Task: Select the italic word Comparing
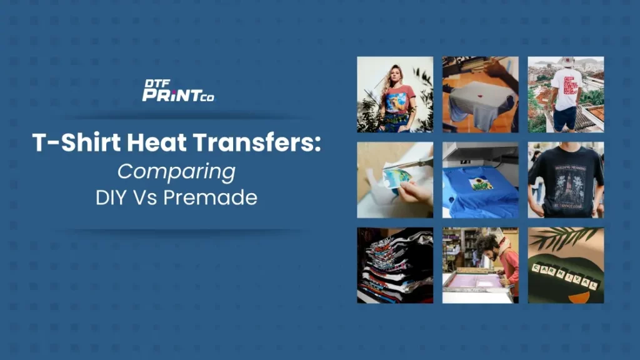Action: pyautogui.click(x=177, y=171)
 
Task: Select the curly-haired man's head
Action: pyautogui.click(x=484, y=245)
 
